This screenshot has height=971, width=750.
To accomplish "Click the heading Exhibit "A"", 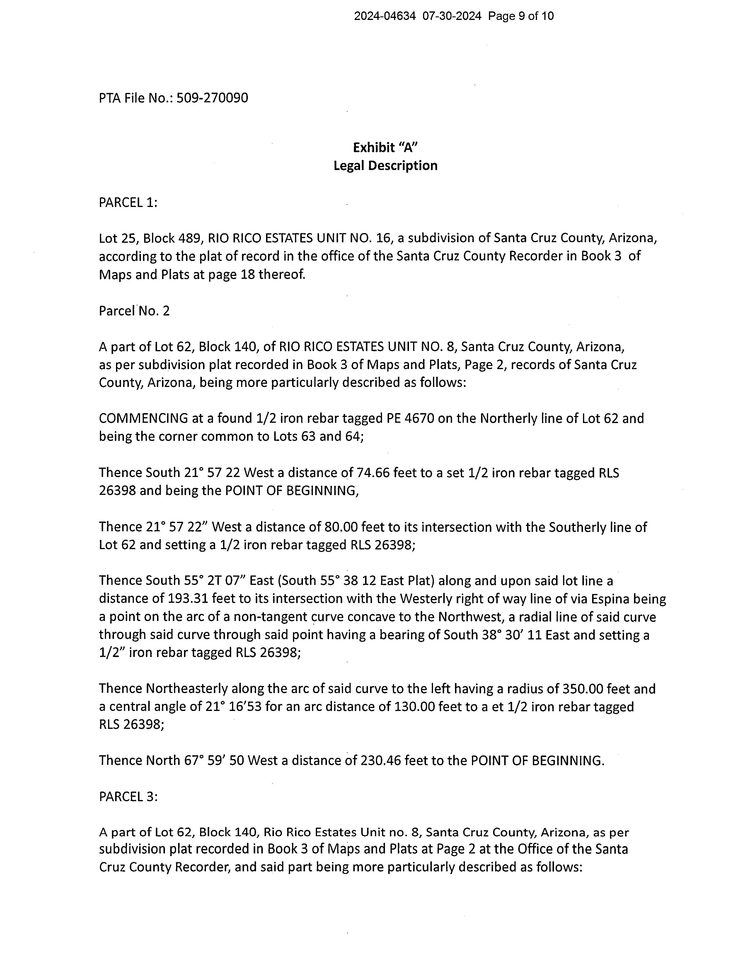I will (385, 147).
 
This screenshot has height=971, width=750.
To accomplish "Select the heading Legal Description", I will (385, 166).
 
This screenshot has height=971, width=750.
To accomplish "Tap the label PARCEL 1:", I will (128, 203).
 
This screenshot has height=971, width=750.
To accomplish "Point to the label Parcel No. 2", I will (134, 311).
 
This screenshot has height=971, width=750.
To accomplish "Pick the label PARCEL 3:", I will (128, 797).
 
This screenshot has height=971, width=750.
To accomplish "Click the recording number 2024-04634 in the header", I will (385, 16).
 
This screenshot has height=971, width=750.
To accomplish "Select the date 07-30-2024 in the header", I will (452, 16).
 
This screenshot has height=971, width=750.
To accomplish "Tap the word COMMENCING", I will (144, 418).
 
